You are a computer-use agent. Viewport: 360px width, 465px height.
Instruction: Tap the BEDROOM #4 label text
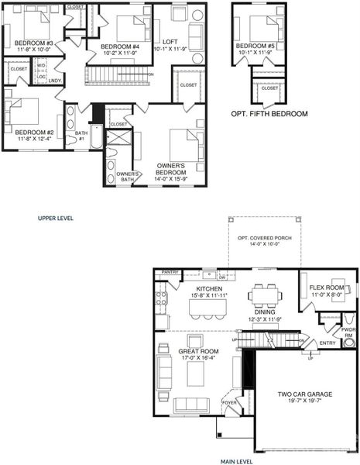click(x=120, y=46)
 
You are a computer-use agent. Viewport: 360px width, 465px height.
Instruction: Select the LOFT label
click(x=171, y=41)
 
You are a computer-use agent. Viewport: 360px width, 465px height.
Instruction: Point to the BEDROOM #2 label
click(x=33, y=133)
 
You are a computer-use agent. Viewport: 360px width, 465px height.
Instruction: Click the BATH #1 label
click(x=81, y=136)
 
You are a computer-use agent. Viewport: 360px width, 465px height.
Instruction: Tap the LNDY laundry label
click(x=55, y=81)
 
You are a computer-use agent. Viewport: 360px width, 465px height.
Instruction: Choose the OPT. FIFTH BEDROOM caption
click(x=269, y=114)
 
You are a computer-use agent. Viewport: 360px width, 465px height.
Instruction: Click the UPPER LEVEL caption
click(x=56, y=219)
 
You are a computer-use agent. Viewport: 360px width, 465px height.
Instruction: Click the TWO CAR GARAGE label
click(x=305, y=394)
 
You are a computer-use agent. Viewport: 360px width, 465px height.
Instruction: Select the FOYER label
click(x=230, y=402)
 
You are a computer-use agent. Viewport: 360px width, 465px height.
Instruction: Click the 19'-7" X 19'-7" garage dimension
click(x=305, y=403)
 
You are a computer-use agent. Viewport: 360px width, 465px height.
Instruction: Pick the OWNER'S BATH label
click(x=128, y=177)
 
